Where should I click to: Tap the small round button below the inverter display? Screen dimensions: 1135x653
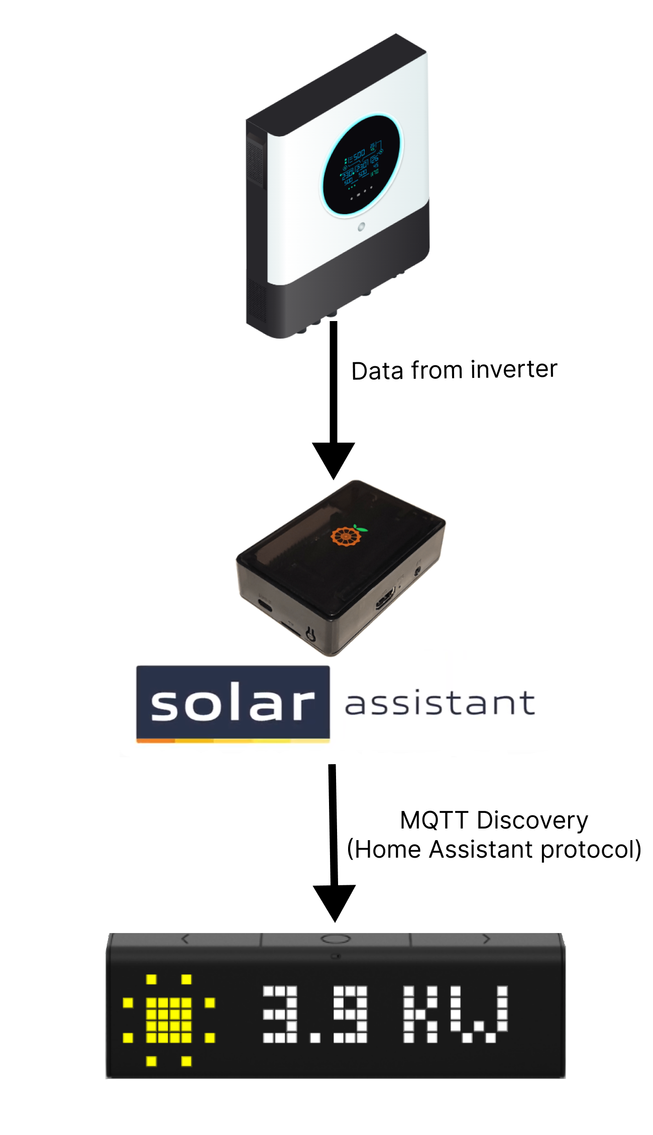tap(361, 227)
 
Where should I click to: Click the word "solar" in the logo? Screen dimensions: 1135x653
tap(233, 703)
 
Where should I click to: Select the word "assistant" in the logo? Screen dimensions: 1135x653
tap(440, 703)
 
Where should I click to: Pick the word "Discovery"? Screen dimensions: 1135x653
tap(532, 820)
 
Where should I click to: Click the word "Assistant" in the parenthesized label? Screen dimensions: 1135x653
tap(481, 850)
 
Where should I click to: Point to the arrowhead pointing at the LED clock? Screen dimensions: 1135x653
tap(334, 902)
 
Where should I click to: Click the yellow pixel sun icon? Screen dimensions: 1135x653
tap(169, 1020)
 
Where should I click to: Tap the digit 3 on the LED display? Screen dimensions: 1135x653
tap(280, 1014)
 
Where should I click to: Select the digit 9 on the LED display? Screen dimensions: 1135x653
tap(351, 1014)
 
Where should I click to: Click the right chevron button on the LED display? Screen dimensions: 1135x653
tap(485, 939)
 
